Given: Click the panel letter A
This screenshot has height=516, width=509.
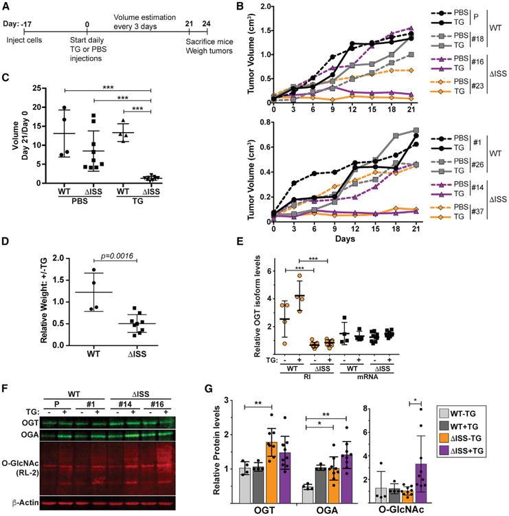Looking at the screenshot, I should coord(6,6).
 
